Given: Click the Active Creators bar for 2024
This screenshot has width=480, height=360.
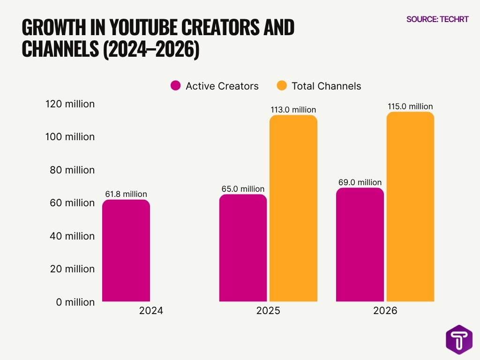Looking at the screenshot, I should tap(126, 250).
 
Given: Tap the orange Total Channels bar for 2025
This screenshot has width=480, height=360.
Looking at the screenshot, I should tap(293, 208).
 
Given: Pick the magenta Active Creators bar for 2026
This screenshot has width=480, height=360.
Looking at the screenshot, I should tap(360, 244).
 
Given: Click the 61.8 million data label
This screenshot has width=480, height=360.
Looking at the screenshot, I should tap(126, 194).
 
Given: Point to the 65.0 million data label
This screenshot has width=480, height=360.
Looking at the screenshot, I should tap(243, 189).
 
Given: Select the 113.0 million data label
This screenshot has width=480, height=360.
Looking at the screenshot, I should tap(293, 110).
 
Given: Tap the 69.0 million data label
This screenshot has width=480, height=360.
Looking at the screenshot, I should tap(360, 182).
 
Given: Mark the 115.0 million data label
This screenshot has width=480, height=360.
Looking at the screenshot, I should tap(410, 106).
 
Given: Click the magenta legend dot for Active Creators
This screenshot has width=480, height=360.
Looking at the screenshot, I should tap(176, 86).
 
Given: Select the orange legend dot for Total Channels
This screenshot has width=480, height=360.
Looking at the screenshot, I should tap(281, 86).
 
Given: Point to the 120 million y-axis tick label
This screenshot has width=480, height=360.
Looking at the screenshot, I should tap(70, 104).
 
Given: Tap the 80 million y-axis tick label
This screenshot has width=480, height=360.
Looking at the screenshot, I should tap(72, 170).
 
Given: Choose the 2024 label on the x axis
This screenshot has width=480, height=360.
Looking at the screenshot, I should tap(151, 311).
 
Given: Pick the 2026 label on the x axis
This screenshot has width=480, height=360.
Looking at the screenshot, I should tap(385, 311).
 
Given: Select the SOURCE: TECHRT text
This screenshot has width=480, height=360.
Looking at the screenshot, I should tap(437, 19).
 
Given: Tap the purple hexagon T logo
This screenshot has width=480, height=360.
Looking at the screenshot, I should tap(459, 340).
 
